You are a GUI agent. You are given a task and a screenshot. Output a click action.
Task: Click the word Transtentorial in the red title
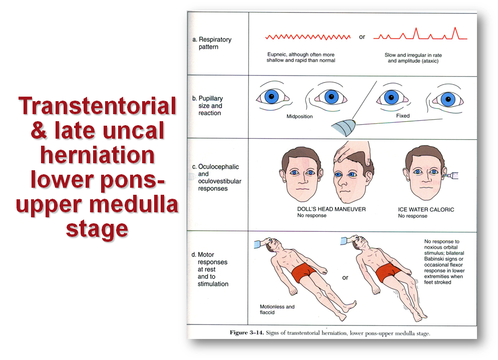click(97, 106)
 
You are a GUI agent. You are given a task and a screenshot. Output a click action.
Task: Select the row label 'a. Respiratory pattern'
click(212, 43)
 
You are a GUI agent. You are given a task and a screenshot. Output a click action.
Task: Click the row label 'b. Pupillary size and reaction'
click(207, 106)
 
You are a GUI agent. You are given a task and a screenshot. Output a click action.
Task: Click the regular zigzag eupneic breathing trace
click(308, 37)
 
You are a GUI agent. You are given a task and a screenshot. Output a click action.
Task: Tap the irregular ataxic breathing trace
click(420, 34)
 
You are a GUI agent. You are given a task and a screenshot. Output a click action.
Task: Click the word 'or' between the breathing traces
click(362, 37)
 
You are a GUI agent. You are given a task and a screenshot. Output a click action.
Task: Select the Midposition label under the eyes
click(299, 116)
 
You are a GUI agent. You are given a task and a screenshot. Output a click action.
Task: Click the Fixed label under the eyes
click(403, 116)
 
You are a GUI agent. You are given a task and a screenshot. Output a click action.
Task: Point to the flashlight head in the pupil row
click(343, 128)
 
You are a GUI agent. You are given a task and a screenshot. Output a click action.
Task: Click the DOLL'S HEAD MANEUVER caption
click(331, 209)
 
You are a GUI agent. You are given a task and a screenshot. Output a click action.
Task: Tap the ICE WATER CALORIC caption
click(426, 209)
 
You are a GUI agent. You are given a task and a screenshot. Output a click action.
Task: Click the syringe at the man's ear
click(450, 174)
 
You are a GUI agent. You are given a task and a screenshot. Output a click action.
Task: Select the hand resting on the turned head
click(352, 152)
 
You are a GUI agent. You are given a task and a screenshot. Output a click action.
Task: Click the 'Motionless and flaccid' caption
click(277, 309)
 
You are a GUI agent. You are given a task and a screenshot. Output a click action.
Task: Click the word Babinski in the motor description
click(437, 259)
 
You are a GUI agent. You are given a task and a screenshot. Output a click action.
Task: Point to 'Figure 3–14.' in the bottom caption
click(247, 332)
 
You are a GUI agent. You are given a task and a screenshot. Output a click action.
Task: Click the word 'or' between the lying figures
click(345, 277)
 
